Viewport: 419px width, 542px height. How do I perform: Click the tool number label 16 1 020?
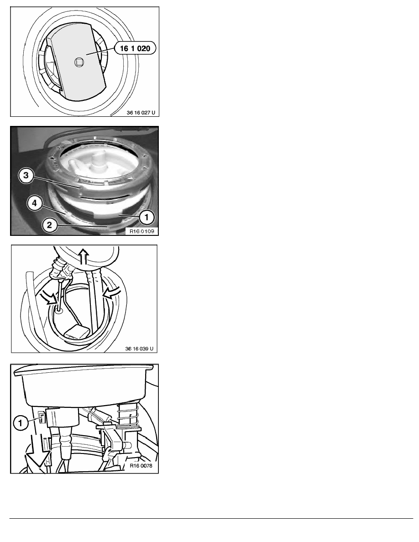pyautogui.click(x=135, y=48)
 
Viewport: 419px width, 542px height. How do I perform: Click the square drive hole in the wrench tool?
pyautogui.click(x=79, y=63)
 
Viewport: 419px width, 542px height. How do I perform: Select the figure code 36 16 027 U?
pyautogui.click(x=141, y=112)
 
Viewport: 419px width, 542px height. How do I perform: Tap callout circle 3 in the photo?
pyautogui.click(x=26, y=175)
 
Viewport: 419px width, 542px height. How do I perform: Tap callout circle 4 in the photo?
pyautogui.click(x=34, y=203)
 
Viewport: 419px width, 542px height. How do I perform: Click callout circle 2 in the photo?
pyautogui.click(x=49, y=225)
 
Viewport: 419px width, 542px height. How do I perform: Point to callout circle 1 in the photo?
pyautogui.click(x=147, y=217)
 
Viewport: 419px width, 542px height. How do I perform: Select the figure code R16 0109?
pyautogui.click(x=142, y=231)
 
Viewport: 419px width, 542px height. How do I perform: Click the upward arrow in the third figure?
pyautogui.click(x=84, y=256)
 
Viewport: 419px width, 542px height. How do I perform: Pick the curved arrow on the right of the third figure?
pyautogui.click(x=112, y=292)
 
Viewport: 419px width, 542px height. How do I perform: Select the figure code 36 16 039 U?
pyautogui.click(x=139, y=349)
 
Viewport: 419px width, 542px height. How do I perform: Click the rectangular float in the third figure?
pyautogui.click(x=77, y=332)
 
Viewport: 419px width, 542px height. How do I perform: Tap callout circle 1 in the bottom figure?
pyautogui.click(x=21, y=423)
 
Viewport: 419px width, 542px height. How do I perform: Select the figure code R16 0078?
pyautogui.click(x=141, y=466)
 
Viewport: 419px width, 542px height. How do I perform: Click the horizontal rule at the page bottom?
pyautogui.click(x=211, y=518)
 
